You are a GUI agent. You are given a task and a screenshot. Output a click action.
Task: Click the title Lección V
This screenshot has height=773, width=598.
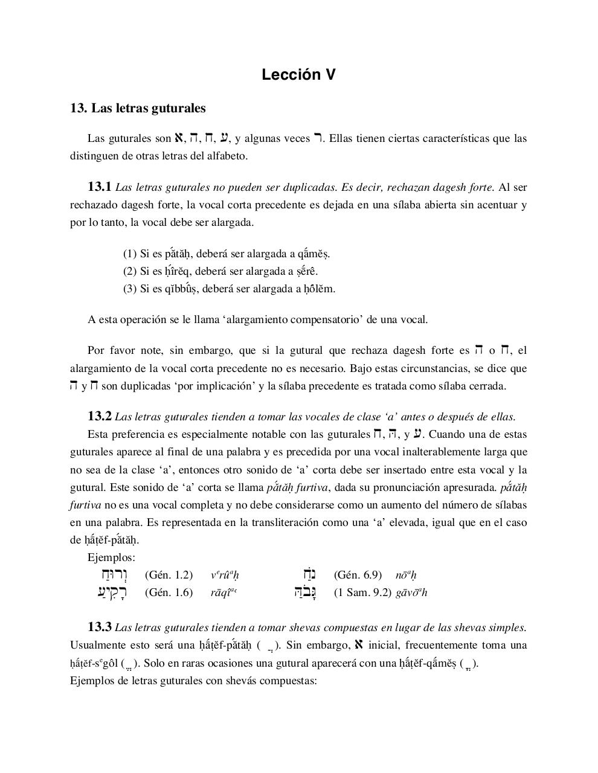click(298, 75)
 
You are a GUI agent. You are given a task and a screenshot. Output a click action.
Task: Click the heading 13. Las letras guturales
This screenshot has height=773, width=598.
click(138, 108)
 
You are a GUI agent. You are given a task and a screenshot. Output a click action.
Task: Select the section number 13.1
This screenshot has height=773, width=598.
click(100, 187)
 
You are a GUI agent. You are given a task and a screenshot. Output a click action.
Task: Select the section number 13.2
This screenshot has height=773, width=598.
click(100, 416)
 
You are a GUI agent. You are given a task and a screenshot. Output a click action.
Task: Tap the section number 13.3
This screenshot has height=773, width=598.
click(100, 627)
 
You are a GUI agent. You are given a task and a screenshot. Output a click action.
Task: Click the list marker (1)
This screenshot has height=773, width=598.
click(130, 254)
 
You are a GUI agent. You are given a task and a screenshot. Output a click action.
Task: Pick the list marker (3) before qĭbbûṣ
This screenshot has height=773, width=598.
click(130, 289)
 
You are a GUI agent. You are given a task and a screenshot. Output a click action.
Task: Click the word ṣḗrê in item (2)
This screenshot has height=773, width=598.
click(306, 271)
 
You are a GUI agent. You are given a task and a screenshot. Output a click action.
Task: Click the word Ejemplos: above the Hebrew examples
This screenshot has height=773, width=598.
click(111, 557)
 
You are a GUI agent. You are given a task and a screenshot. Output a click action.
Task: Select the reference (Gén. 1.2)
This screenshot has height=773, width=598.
click(169, 575)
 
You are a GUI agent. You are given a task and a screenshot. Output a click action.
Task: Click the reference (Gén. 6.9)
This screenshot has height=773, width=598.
click(358, 575)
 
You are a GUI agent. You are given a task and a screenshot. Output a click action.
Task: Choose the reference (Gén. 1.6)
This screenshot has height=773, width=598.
click(169, 592)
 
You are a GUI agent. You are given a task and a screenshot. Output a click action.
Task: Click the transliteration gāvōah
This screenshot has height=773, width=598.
click(411, 592)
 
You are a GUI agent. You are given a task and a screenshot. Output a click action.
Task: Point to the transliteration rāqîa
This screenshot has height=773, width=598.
click(223, 592)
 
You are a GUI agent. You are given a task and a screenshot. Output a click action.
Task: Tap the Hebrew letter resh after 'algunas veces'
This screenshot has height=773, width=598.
click(317, 138)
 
